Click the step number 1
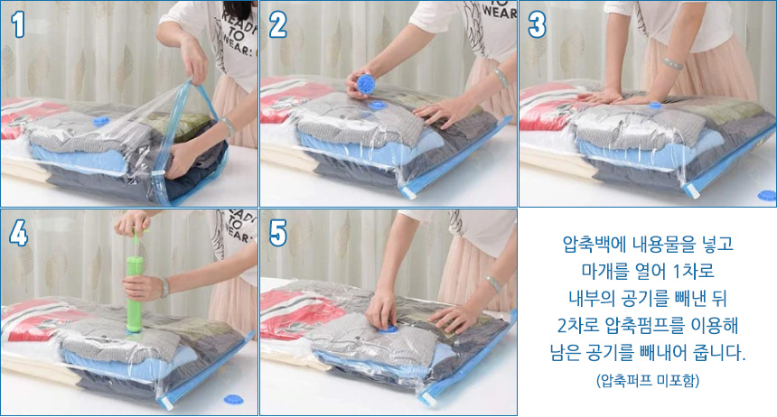coord(18,24)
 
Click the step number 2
coord(277,24)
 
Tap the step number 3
coord(537,24)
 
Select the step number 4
coord(18,233)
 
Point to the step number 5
coord(278,233)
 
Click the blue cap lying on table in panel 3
coord(767,195)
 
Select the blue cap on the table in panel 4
coord(233,399)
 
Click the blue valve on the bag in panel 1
coord(101,120)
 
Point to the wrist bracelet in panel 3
coord(673,63)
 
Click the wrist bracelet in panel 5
coord(493,283)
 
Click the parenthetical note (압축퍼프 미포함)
coord(648,380)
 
